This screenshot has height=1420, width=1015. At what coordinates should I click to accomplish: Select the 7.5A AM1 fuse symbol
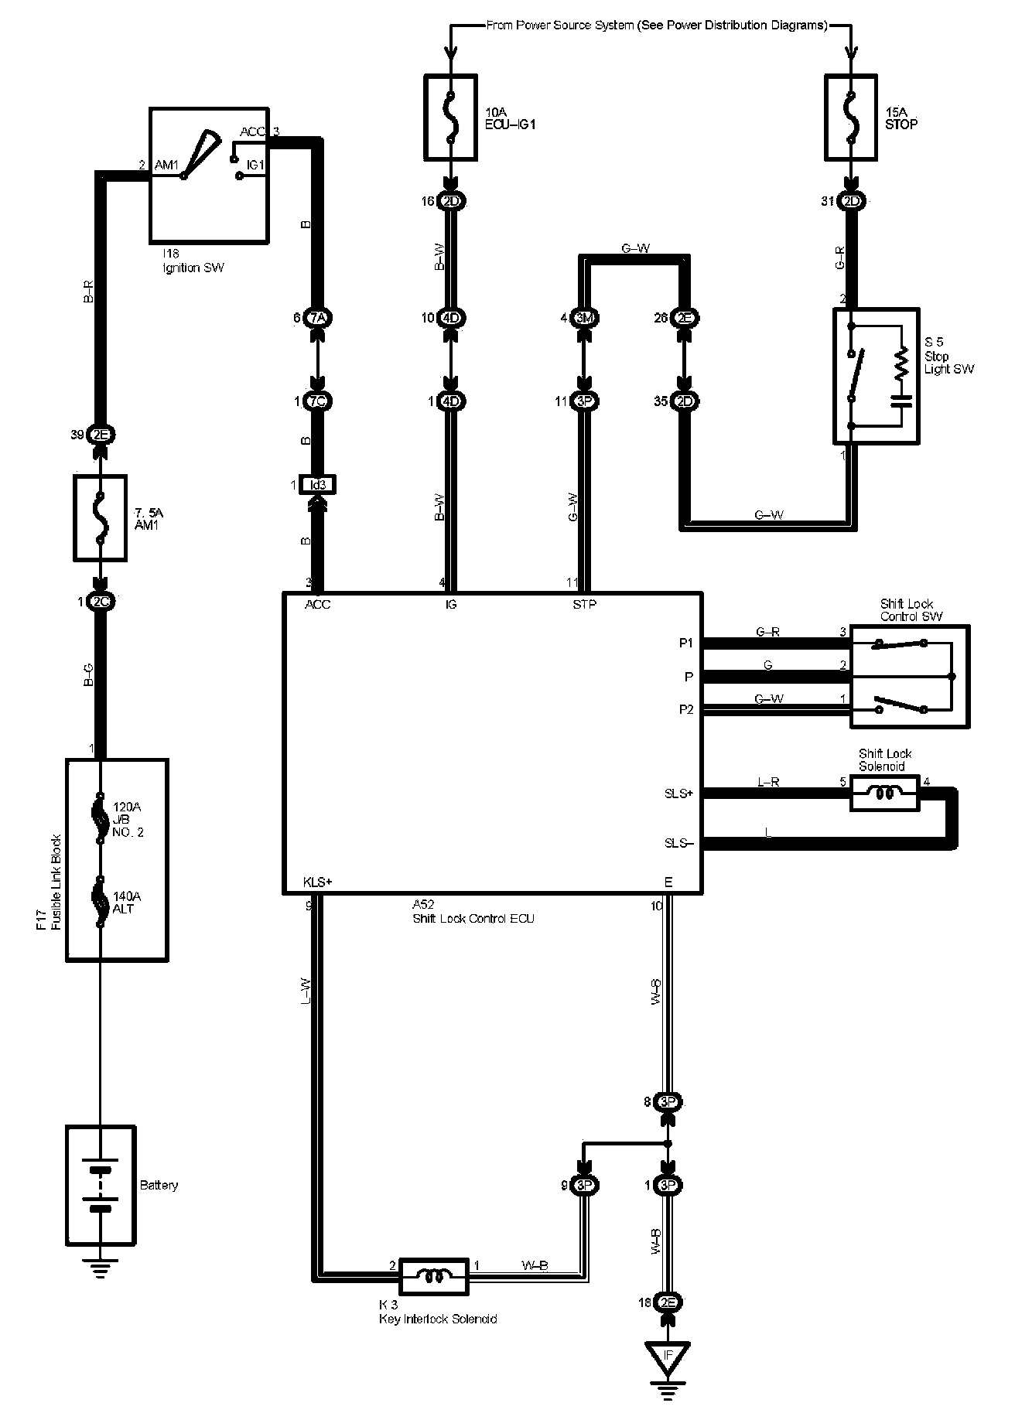point(99,517)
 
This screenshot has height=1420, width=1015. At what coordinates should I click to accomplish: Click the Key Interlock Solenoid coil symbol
point(433,1275)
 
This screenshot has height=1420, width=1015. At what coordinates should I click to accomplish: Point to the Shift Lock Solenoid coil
point(885,794)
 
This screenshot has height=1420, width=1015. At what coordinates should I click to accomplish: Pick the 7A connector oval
point(318,317)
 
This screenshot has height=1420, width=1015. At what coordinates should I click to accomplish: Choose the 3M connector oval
point(584,317)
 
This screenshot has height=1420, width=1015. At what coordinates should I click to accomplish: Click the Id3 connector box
point(318,485)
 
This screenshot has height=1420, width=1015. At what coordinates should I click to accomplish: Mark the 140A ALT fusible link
point(99,902)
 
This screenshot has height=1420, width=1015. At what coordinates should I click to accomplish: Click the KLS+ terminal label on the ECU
point(318,882)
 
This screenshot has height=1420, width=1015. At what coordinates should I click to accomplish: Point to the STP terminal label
point(584,604)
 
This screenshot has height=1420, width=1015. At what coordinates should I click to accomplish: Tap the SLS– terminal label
point(679,842)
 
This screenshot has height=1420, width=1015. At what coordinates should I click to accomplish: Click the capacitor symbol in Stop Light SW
point(901,400)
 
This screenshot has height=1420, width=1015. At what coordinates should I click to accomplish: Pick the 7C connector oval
point(318,401)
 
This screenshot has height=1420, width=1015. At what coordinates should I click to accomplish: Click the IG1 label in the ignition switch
point(255,165)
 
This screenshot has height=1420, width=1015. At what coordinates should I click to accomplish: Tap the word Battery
point(159,1185)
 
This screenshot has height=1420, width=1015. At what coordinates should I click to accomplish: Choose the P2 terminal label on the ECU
point(685,710)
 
